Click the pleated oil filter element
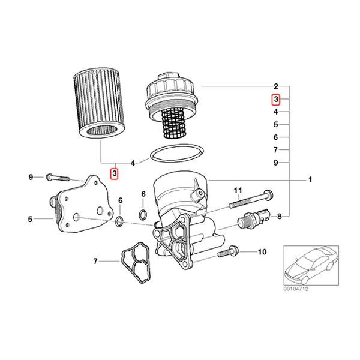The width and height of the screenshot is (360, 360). [99, 104]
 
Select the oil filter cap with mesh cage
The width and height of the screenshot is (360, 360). [172, 105]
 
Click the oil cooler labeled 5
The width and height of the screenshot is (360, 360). [82, 204]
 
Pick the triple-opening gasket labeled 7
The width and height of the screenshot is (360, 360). [136, 262]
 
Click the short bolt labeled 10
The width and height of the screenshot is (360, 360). [228, 251]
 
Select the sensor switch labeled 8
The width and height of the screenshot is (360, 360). [254, 218]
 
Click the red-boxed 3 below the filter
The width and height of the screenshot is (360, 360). [115, 173]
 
